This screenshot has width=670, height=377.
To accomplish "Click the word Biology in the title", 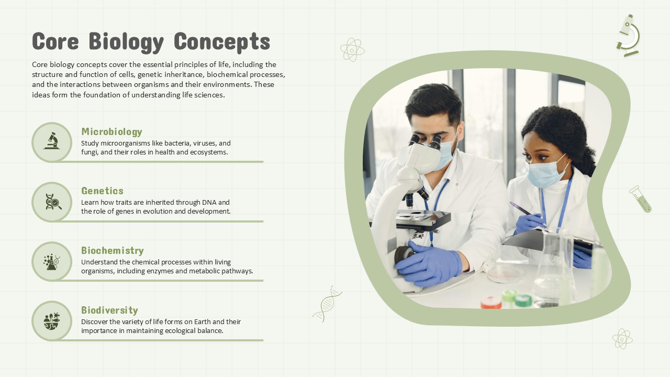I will (x=126, y=42).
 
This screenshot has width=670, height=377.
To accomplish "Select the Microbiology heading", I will (x=111, y=131).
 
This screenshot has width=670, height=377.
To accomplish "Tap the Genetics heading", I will (x=102, y=191).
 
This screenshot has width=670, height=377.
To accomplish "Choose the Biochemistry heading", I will (x=112, y=250).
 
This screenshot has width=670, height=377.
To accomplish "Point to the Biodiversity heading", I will (x=109, y=310).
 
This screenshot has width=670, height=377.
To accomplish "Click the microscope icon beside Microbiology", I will (x=52, y=142).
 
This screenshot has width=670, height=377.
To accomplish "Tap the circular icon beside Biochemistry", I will (x=52, y=261).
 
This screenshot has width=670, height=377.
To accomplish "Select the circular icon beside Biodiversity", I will (x=52, y=320).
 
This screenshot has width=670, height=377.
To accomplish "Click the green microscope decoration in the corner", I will (x=628, y=35).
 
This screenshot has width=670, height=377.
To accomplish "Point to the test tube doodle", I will (x=640, y=199).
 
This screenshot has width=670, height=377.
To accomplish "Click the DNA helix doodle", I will (x=327, y=304).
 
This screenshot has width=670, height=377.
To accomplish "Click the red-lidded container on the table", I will (x=490, y=303).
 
